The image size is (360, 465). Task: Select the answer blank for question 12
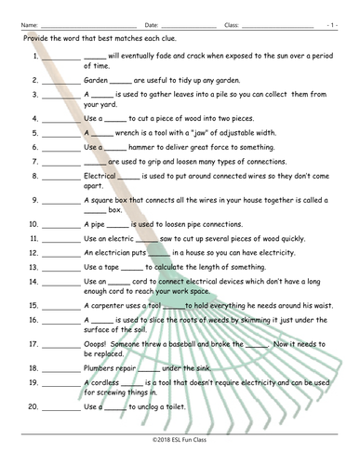[60, 252]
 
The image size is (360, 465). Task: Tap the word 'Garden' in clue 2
[97, 80]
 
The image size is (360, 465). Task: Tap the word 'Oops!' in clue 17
[96, 342]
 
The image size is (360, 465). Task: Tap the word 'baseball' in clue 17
[177, 342]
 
